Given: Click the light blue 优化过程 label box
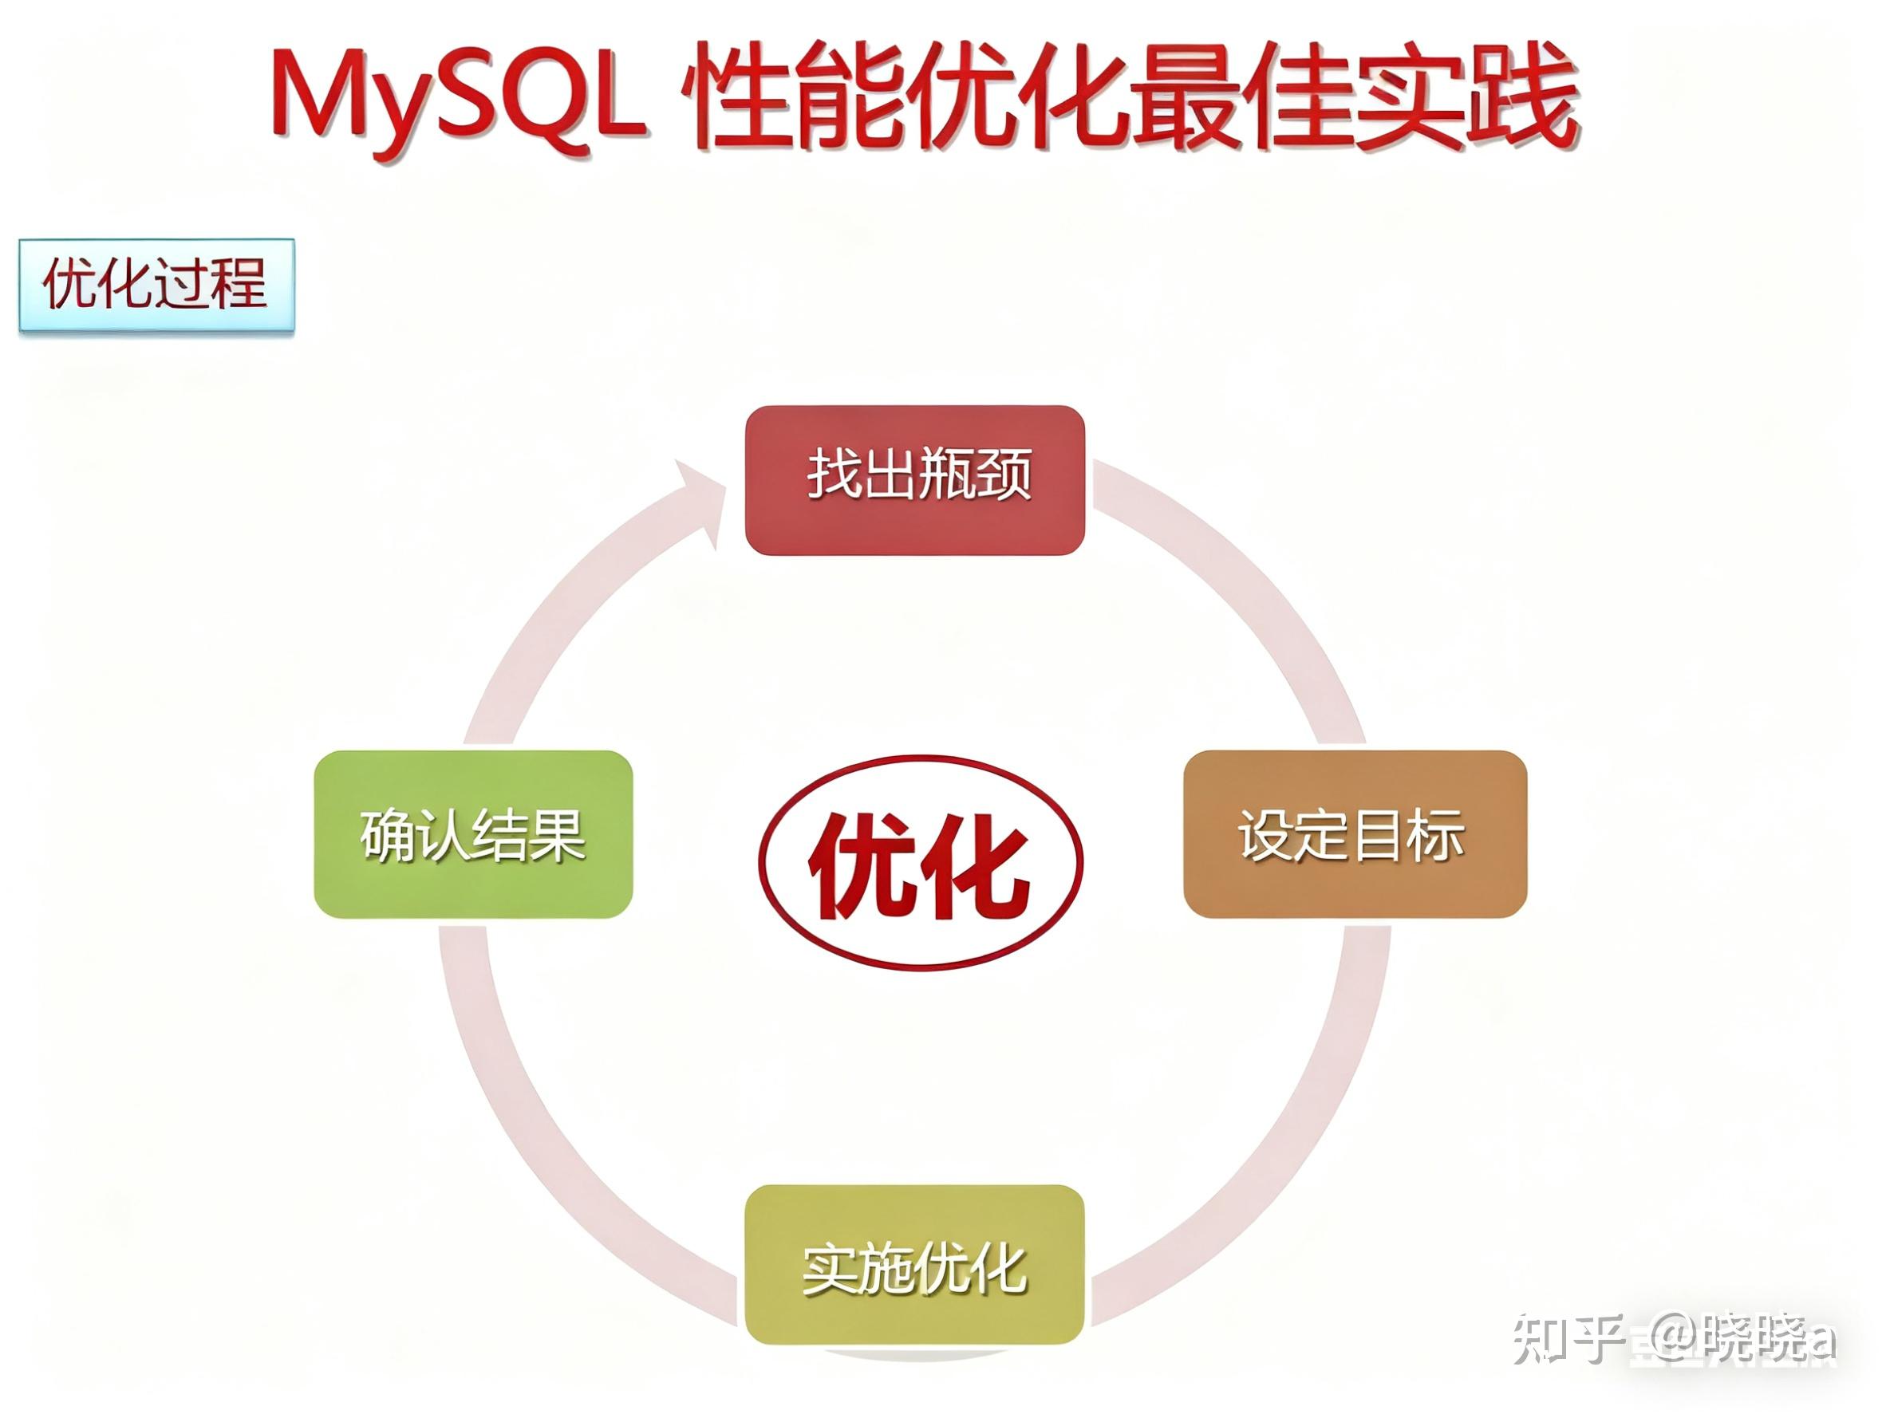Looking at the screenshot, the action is [157, 285].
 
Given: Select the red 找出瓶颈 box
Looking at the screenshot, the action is [914, 480].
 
